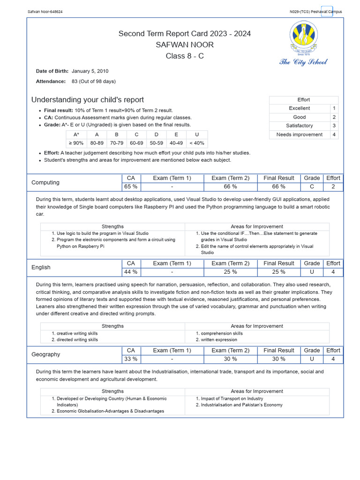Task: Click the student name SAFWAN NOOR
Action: click(x=185, y=45)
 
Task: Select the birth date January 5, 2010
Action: click(x=90, y=71)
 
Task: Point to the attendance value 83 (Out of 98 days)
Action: click(x=94, y=82)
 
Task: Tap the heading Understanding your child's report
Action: click(x=88, y=100)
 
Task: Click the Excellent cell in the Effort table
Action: click(x=300, y=108)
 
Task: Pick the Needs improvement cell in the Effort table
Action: click(x=300, y=135)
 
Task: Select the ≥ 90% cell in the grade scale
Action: click(x=76, y=143)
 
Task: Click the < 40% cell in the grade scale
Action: click(x=197, y=143)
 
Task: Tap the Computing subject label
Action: click(x=45, y=183)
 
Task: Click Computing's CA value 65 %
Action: click(x=131, y=187)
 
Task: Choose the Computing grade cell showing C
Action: click(x=312, y=187)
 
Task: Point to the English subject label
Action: click(x=41, y=268)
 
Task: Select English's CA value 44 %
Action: click(x=131, y=272)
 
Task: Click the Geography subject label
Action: click(x=46, y=355)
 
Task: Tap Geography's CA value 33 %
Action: click(x=131, y=359)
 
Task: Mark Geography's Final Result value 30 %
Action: click(x=279, y=359)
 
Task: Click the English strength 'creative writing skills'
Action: click(x=77, y=333)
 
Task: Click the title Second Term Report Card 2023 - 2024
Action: click(x=185, y=34)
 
